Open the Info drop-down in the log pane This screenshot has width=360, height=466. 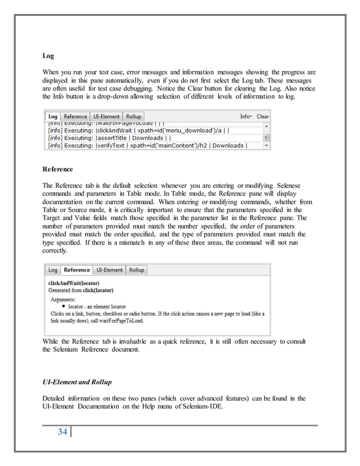click(245, 116)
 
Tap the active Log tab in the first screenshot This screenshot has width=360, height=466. click(52, 116)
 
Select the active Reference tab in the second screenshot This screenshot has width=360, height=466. click(77, 270)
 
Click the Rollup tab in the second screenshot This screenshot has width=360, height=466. click(137, 270)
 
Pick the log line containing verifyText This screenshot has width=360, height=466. click(147, 146)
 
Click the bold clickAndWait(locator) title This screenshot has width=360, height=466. click(74, 283)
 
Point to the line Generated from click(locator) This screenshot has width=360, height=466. click(81, 290)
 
